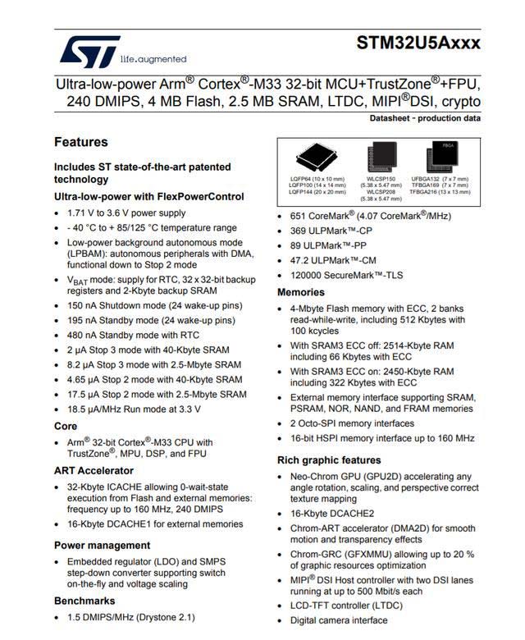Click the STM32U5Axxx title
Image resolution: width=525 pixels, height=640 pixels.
[418, 43]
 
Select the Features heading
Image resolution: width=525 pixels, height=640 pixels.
[80, 142]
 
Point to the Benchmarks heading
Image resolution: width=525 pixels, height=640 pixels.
[86, 600]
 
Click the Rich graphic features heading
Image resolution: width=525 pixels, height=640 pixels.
[329, 460]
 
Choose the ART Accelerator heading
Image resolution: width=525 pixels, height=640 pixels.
[94, 470]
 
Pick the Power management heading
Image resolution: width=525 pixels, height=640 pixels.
[102, 545]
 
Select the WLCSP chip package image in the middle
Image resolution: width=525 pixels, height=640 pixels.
[380, 156]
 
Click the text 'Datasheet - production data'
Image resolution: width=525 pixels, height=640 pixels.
[425, 118]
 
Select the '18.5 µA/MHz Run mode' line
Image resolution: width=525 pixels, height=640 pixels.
[134, 409]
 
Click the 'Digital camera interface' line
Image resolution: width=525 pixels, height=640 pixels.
[339, 620]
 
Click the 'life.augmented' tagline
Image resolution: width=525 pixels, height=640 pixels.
[153, 59]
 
